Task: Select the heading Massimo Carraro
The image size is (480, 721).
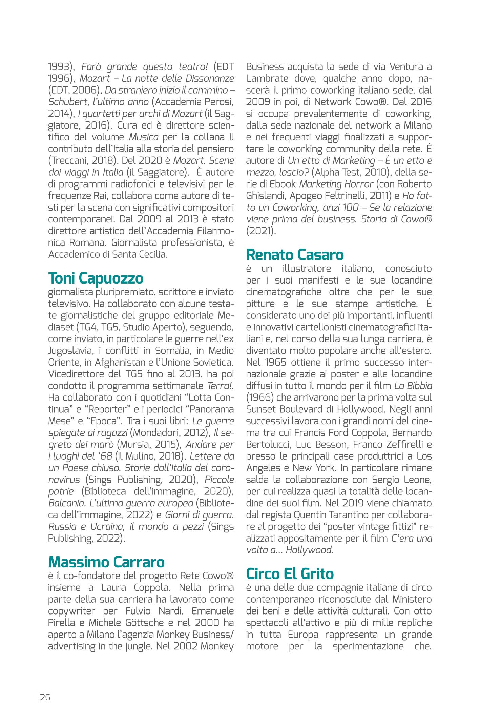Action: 106,562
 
